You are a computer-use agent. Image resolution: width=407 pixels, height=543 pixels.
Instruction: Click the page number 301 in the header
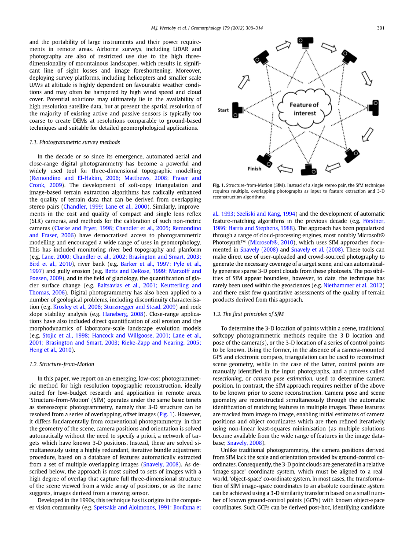[x=381, y=28]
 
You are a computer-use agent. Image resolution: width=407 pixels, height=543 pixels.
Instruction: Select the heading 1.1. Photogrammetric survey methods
[x=74, y=142]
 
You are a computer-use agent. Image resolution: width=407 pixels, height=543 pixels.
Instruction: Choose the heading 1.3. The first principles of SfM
[x=248, y=314]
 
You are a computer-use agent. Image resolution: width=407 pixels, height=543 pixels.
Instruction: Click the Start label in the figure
[x=223, y=110]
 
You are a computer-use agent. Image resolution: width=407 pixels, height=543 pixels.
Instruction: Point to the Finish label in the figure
[x=254, y=169]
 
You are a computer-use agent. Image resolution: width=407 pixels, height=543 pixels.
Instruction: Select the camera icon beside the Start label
[x=238, y=110]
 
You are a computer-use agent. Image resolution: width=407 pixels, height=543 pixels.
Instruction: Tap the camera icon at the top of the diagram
[x=304, y=42]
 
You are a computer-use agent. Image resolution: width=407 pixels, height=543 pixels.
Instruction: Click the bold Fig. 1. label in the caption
[x=219, y=185]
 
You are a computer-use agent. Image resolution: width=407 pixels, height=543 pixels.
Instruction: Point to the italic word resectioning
[x=227, y=378]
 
